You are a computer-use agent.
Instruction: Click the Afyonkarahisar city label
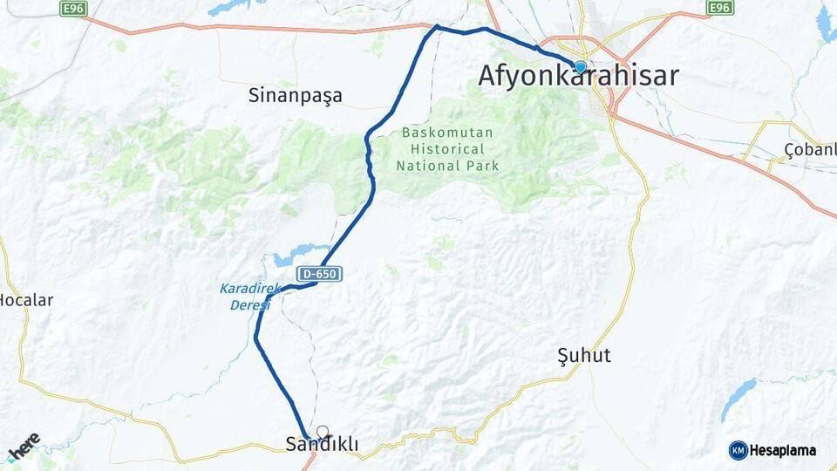click(578, 77)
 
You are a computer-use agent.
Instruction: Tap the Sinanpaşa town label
click(295, 95)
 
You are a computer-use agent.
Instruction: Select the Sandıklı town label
click(322, 445)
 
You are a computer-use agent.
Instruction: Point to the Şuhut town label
click(583, 356)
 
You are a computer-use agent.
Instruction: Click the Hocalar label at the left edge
click(25, 300)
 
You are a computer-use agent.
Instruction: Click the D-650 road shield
click(318, 275)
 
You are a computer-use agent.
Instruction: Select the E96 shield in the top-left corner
click(74, 8)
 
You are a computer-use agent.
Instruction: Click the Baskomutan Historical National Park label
click(447, 149)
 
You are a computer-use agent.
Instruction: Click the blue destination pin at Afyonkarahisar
click(580, 66)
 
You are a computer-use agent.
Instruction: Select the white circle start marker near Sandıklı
click(323, 431)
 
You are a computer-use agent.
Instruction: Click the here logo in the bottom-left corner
click(24, 446)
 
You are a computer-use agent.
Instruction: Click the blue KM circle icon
click(738, 451)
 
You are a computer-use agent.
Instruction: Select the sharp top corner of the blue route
click(437, 27)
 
